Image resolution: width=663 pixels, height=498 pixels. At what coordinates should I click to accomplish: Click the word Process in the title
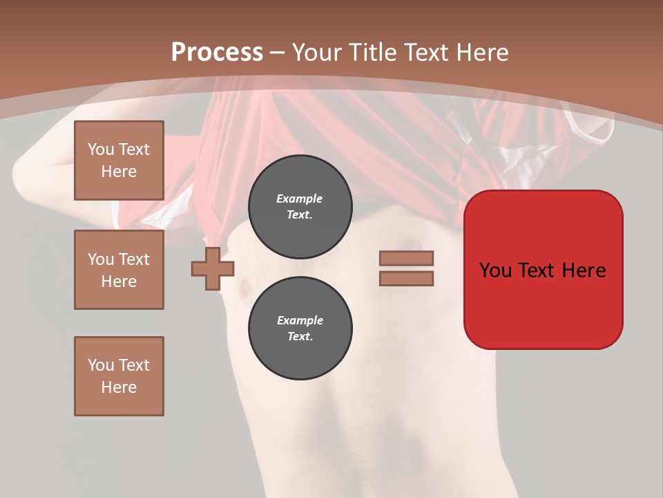tap(217, 53)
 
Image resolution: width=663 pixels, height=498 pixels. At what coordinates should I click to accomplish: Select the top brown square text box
tap(119, 160)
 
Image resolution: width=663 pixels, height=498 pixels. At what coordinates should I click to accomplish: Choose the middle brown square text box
tap(119, 270)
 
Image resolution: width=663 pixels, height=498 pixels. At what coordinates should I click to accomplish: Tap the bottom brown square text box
tap(119, 376)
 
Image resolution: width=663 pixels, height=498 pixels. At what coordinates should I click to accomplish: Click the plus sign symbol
tap(213, 269)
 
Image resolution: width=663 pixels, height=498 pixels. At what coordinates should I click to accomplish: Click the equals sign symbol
tap(406, 268)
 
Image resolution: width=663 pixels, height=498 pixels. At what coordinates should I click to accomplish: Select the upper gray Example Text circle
tap(300, 207)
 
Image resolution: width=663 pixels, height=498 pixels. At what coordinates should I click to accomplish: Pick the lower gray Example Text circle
tap(300, 329)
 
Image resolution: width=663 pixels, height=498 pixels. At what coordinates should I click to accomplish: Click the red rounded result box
tap(543, 270)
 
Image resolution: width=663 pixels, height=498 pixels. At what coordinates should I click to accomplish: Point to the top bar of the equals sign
tap(406, 259)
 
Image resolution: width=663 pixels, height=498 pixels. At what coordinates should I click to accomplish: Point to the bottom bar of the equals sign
tap(406, 279)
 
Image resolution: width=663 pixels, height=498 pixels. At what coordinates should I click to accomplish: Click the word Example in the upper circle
tap(300, 199)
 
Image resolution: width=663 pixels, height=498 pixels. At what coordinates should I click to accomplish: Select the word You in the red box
tap(496, 270)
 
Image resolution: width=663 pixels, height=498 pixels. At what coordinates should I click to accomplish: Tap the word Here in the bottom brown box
tap(119, 387)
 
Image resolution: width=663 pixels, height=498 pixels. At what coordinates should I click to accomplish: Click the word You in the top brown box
tap(101, 149)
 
